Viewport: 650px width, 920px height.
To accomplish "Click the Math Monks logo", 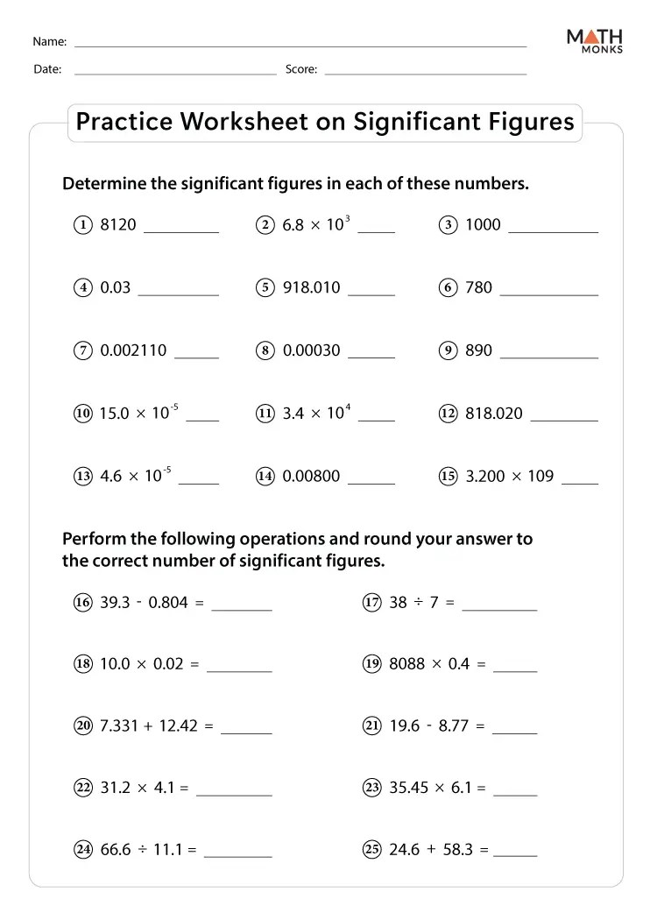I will (595, 40).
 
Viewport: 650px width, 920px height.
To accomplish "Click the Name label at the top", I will (49, 42).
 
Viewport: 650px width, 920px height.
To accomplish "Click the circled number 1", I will (83, 225).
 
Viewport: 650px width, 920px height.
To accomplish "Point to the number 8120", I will (118, 225).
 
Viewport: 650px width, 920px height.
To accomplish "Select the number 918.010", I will (311, 287).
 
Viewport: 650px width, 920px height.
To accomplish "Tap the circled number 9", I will (448, 350).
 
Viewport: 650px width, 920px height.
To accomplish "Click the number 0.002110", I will (133, 350).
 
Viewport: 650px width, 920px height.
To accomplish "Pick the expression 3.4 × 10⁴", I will (315, 413).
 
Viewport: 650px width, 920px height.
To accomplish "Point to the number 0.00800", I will (311, 477).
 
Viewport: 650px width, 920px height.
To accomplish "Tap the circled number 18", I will (83, 664).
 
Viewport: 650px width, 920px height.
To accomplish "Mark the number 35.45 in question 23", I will (407, 788).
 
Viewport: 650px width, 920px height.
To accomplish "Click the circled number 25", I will (371, 850).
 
